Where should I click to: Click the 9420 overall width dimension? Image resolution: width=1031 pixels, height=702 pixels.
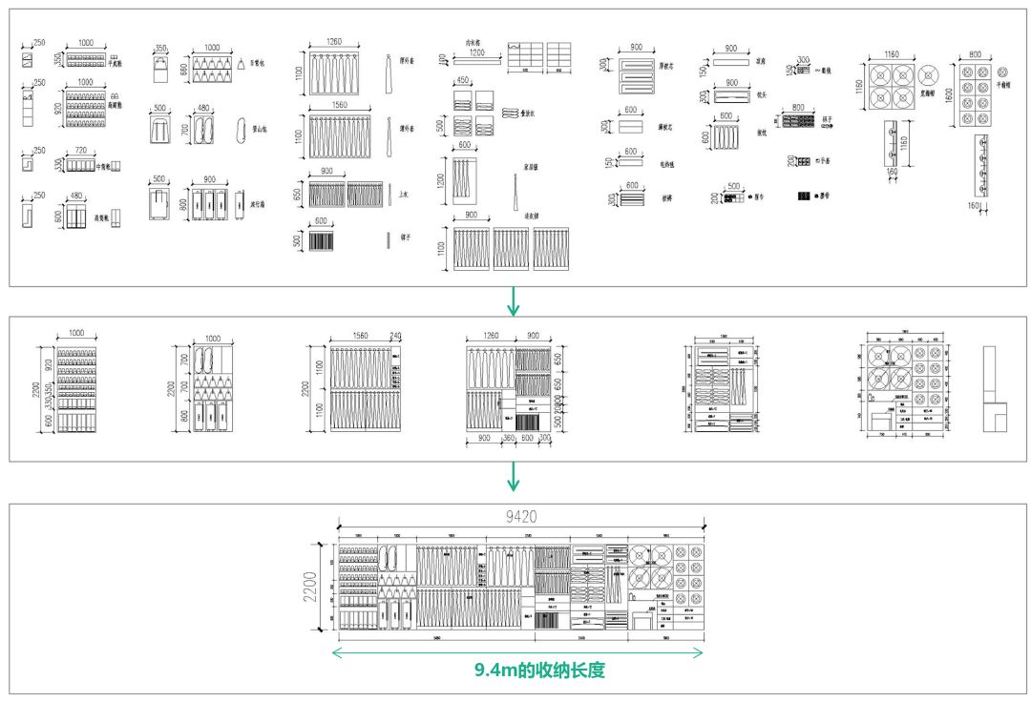pos(520,517)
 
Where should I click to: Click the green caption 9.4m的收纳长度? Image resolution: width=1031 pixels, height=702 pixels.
pos(540,671)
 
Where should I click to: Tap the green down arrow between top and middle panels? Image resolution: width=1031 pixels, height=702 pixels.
pos(515,300)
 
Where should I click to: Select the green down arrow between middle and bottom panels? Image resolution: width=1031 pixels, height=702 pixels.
pos(515,475)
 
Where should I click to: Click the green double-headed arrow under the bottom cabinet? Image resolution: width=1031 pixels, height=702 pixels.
pos(516,653)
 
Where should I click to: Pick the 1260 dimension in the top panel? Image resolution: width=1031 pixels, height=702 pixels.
pos(333,42)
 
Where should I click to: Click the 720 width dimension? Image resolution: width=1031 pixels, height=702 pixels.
pos(79,152)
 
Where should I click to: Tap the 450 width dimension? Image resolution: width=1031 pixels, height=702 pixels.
pos(463,81)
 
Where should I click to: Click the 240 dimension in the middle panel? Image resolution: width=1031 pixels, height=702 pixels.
pos(396,336)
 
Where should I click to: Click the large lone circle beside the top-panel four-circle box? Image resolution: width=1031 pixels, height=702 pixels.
pos(932,75)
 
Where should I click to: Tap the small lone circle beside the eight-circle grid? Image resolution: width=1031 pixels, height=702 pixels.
pos(1001,72)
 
